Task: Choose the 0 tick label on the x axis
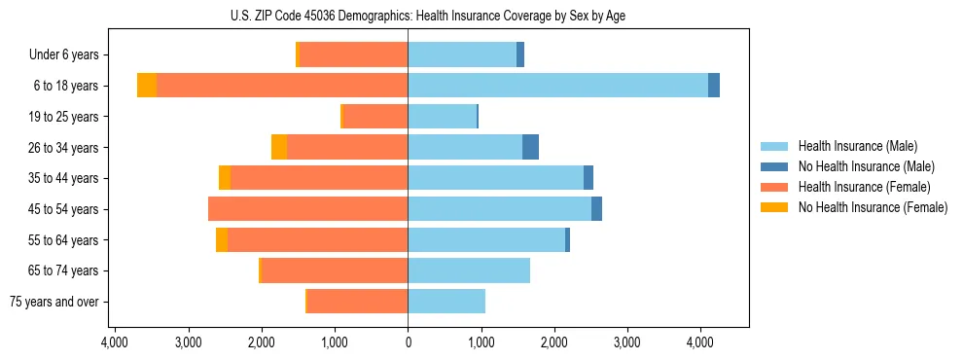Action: tap(408, 342)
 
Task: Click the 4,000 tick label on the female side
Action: tap(115, 342)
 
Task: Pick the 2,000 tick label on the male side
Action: tap(553, 342)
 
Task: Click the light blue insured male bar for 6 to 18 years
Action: tap(557, 86)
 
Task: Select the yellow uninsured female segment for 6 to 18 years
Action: tap(147, 86)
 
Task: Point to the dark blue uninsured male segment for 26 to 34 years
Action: tap(530, 147)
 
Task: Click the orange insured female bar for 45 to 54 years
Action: tap(307, 209)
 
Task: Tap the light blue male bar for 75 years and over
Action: tap(446, 302)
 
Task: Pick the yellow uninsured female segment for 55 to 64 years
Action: tap(222, 240)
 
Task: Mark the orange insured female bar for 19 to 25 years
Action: tap(375, 117)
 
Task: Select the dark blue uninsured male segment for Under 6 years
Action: tap(520, 55)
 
